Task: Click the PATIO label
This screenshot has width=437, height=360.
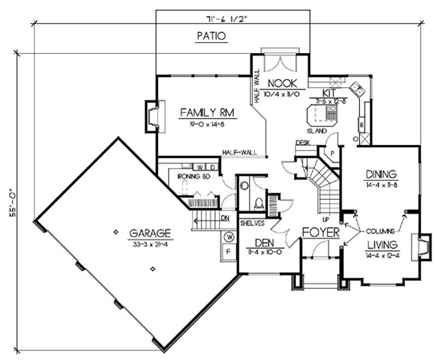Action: pos(210,37)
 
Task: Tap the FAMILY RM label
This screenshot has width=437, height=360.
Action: pos(207,113)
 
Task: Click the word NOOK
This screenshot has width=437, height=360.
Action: pos(282,84)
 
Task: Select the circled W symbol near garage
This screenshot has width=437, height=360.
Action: pos(230,237)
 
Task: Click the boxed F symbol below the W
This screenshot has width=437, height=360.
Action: pos(230,252)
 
